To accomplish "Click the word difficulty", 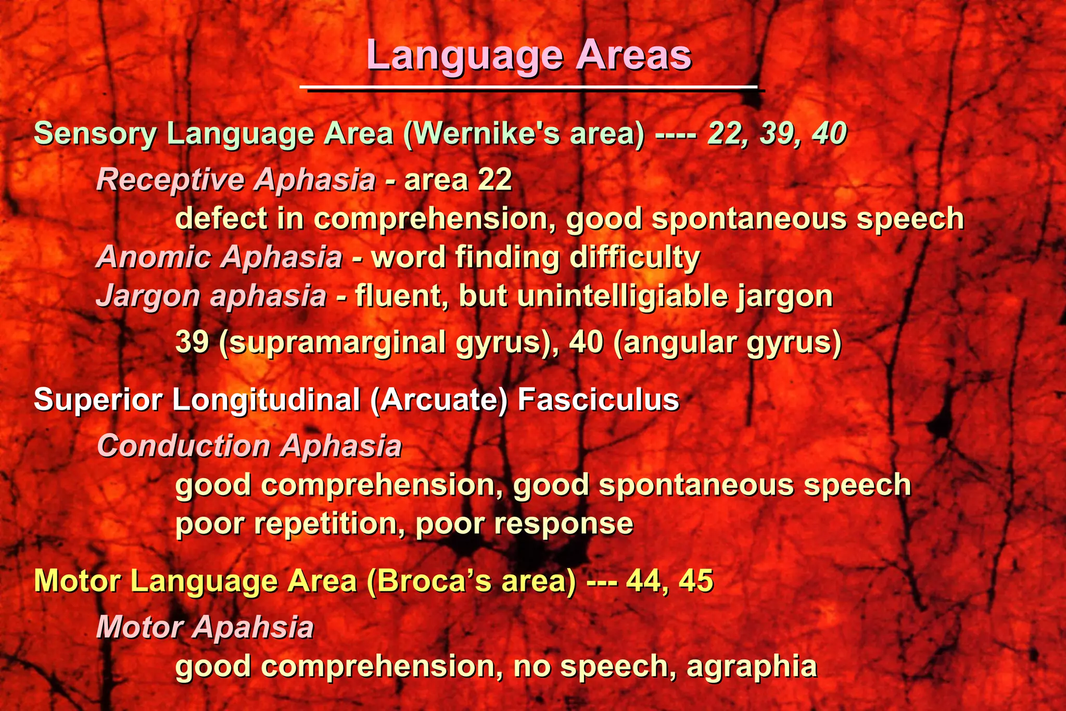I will [634, 258].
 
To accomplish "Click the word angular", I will [677, 344].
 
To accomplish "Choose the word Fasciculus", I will [598, 400].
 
